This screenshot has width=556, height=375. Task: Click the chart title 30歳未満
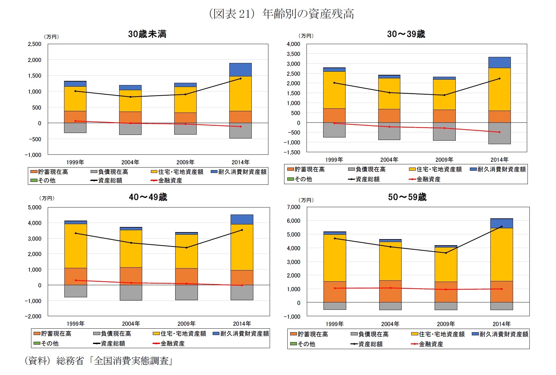[147, 34]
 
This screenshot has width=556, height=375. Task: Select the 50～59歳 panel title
[407, 197]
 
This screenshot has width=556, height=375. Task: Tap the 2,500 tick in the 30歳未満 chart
[35, 44]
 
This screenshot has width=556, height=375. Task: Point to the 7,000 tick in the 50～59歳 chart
[294, 207]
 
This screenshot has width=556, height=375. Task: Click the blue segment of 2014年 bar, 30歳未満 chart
[240, 69]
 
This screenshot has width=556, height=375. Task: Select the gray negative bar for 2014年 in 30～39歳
[499, 133]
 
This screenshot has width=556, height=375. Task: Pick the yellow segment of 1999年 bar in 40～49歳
[76, 246]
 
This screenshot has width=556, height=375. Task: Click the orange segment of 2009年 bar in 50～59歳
[446, 292]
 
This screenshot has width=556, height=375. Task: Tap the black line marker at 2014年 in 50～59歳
[502, 226]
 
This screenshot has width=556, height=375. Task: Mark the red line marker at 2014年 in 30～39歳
[499, 132]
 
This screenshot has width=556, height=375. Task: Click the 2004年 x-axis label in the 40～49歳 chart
[131, 324]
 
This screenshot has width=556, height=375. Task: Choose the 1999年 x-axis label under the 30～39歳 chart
[334, 160]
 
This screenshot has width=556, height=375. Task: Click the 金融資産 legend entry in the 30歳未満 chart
[170, 180]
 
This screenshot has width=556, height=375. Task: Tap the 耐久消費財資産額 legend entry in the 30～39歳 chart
[501, 169]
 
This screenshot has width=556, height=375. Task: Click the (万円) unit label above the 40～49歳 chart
[47, 198]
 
